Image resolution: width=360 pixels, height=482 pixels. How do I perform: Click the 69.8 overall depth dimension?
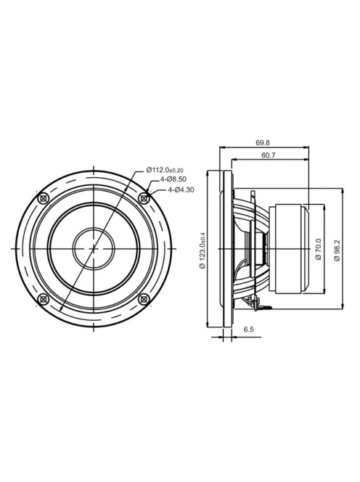click(x=263, y=142)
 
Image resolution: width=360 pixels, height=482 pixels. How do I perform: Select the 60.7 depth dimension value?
click(x=268, y=155)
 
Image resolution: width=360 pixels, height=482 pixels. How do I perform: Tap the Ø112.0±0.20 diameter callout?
click(x=165, y=170)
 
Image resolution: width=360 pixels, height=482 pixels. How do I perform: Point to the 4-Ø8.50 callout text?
click(x=173, y=179)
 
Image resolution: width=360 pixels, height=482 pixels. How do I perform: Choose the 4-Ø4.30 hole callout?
click(x=181, y=190)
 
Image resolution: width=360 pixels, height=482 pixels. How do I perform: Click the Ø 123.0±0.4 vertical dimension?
click(x=202, y=250)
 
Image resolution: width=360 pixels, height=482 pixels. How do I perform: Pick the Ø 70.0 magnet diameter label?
click(x=318, y=249)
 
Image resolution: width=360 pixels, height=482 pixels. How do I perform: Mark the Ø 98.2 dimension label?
click(x=337, y=250)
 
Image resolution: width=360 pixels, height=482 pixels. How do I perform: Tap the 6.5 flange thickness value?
click(x=249, y=330)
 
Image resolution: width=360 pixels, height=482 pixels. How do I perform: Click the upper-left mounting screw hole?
click(x=43, y=198)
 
